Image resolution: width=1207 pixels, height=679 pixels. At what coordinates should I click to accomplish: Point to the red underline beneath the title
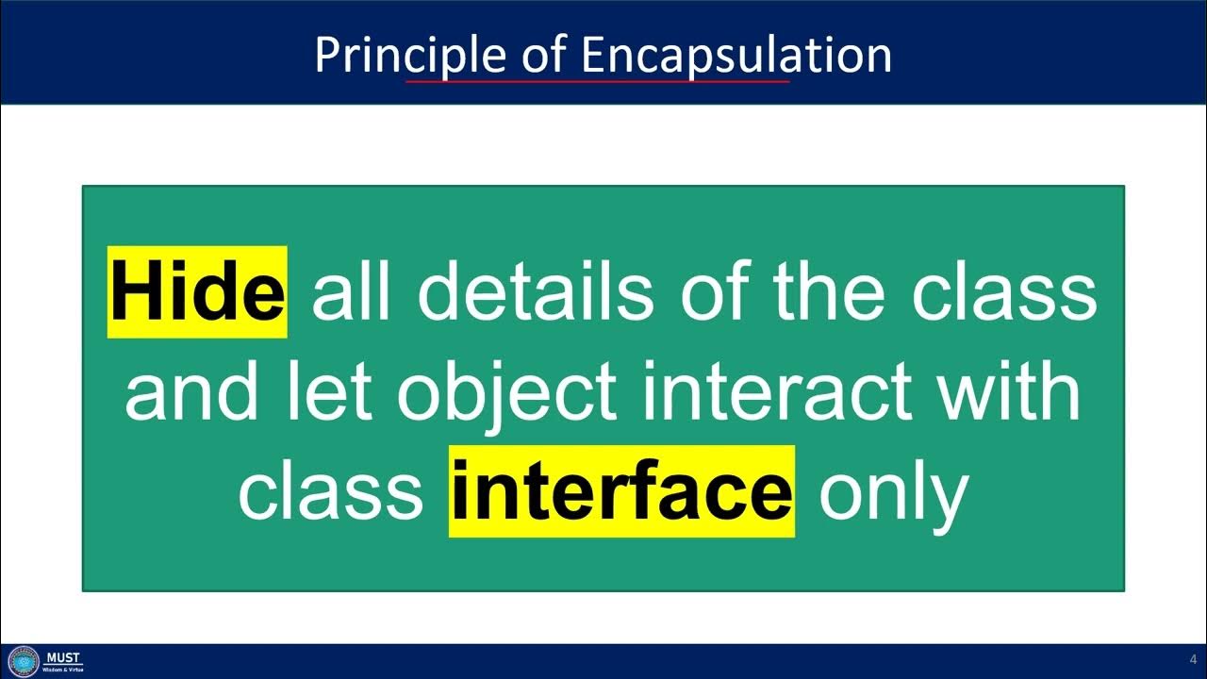pyautogui.click(x=597, y=81)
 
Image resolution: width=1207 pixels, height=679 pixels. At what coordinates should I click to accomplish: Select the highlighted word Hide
pyautogui.click(x=197, y=291)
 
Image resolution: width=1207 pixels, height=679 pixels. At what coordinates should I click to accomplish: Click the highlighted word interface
pyautogui.click(x=621, y=491)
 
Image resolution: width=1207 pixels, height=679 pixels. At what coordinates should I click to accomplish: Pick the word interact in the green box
pyautogui.click(x=776, y=391)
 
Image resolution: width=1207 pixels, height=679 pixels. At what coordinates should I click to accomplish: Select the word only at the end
pyautogui.click(x=893, y=491)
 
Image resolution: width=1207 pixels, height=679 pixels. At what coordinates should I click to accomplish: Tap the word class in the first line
pyautogui.click(x=1003, y=291)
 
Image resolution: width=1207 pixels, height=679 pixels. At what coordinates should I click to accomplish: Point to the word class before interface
pyautogui.click(x=330, y=491)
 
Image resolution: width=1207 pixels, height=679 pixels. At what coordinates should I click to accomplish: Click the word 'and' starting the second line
pyautogui.click(x=190, y=391)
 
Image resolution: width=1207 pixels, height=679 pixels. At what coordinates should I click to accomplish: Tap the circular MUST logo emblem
pyautogui.click(x=23, y=661)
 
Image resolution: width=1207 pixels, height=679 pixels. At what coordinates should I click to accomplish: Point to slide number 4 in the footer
pyautogui.click(x=1192, y=659)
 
